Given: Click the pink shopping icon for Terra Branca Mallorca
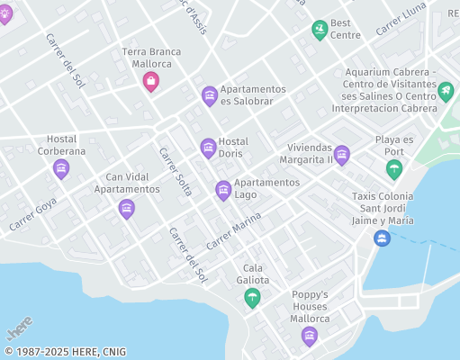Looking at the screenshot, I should (x=151, y=82).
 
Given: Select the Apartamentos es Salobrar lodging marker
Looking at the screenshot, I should (x=209, y=95).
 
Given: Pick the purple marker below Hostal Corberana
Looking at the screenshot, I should (x=61, y=168).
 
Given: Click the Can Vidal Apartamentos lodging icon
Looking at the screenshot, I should (x=127, y=209).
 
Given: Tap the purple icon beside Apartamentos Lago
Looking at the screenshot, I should (x=223, y=190).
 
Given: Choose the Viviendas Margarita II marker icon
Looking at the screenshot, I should (x=342, y=155).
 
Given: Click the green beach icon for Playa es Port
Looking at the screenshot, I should (x=393, y=168).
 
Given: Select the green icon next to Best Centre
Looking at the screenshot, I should (x=320, y=30).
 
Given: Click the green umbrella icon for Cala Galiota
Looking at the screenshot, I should (x=252, y=297).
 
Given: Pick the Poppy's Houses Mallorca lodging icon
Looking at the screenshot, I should (x=310, y=337).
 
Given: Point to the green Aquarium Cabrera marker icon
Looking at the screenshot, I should (x=445, y=90).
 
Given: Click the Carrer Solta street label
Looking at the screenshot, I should (x=176, y=172).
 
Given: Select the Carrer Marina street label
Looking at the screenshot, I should (x=233, y=231).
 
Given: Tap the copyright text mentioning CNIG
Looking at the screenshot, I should (x=65, y=352).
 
